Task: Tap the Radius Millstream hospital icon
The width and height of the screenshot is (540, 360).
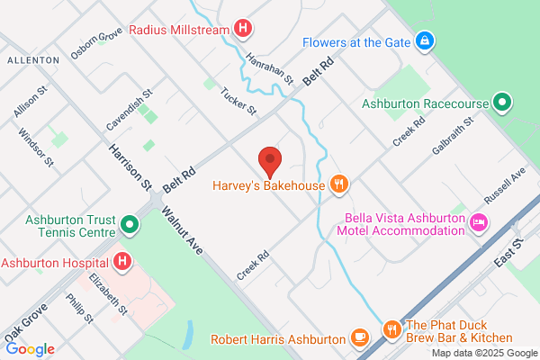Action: point(242,29)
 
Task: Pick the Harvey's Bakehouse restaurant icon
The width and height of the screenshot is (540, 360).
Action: point(338,186)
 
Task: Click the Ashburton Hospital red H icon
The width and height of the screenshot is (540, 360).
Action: point(123,263)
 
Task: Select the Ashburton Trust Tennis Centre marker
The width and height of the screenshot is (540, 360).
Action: point(130,222)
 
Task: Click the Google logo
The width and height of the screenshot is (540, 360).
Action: point(30,349)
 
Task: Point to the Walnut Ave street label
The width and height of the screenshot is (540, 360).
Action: point(184,232)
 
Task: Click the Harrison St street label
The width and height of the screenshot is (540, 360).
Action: point(130,166)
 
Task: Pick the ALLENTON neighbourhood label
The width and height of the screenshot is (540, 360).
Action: point(32,59)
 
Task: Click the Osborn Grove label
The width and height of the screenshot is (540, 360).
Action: point(96,45)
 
